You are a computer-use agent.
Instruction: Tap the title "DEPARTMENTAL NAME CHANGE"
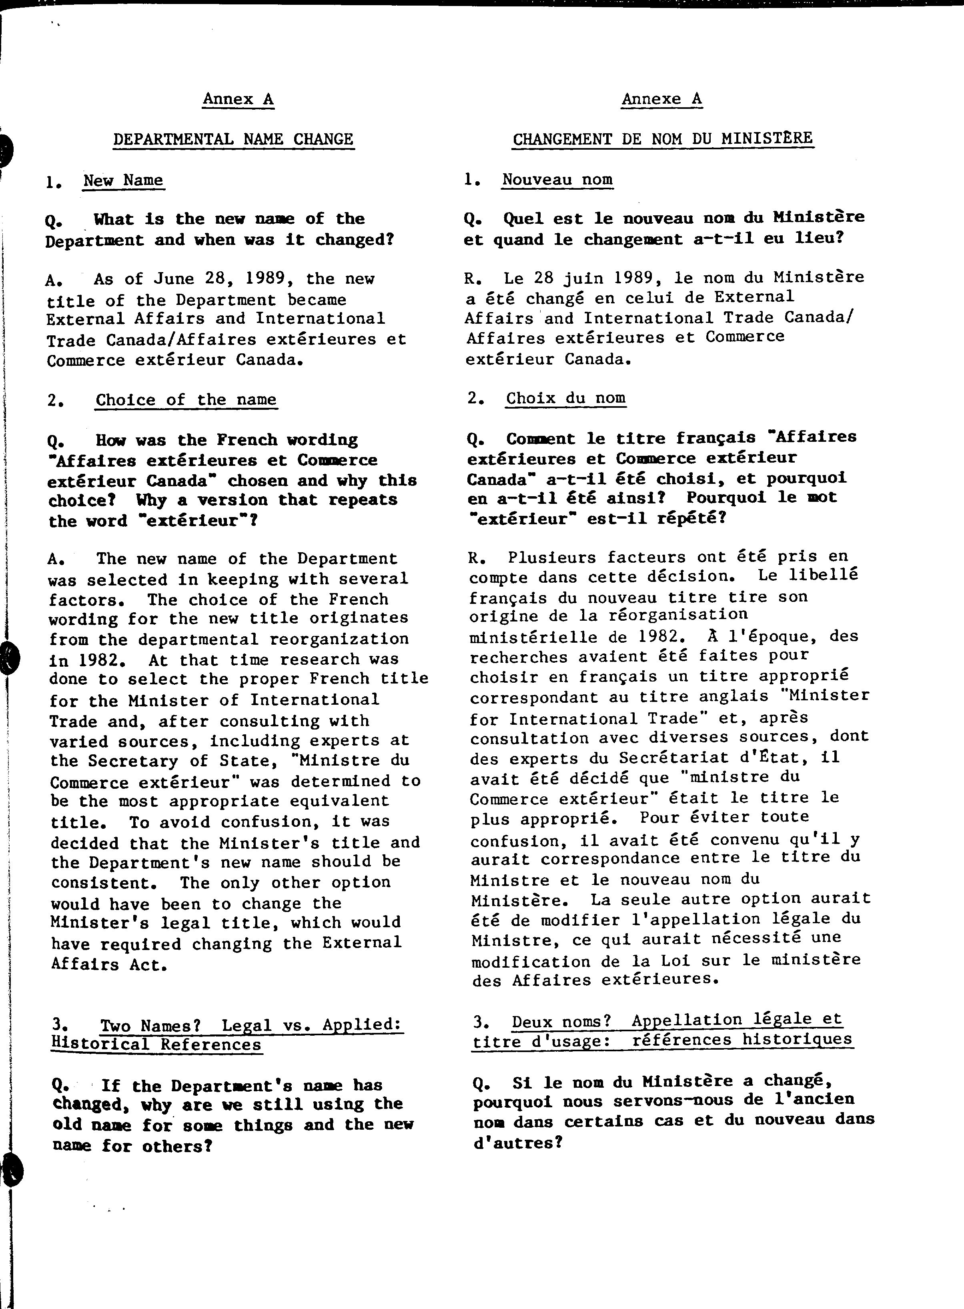tap(233, 140)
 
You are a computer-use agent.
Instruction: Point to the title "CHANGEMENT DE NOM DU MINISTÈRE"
tap(662, 139)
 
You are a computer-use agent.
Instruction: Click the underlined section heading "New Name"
tap(123, 180)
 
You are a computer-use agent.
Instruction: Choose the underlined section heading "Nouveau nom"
tap(557, 179)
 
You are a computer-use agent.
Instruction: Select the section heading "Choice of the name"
tap(186, 400)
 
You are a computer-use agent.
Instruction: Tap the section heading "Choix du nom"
tap(565, 398)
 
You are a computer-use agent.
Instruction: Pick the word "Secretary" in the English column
tap(132, 761)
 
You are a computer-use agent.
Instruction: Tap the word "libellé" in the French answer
tap(823, 575)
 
